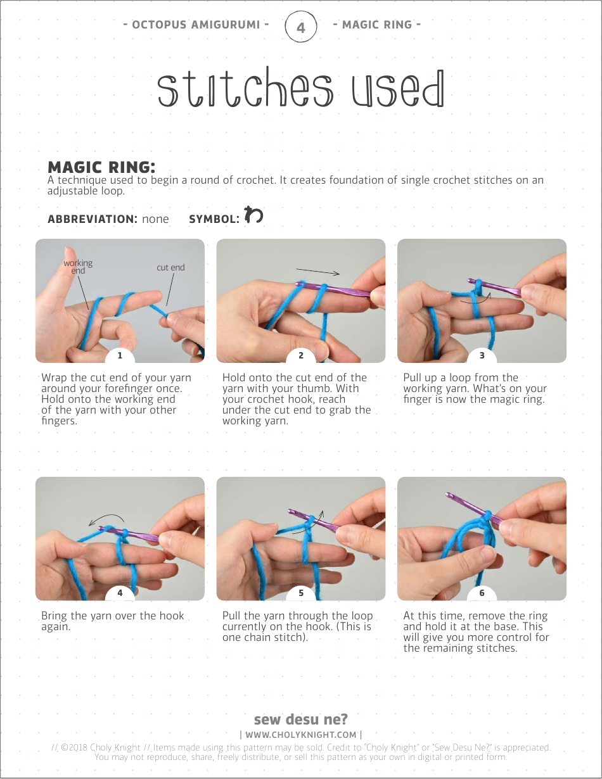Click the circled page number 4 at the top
click(301, 27)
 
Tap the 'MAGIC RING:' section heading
click(101, 167)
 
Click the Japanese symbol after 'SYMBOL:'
click(253, 214)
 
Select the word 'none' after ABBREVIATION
click(155, 219)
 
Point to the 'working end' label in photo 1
click(78, 267)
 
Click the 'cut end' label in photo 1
click(170, 267)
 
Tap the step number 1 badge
click(120, 355)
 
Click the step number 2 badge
click(301, 355)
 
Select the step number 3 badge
click(482, 355)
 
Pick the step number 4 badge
click(120, 593)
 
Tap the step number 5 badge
click(301, 593)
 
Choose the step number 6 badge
click(482, 593)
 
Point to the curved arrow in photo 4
click(108, 516)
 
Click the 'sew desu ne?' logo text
click(301, 719)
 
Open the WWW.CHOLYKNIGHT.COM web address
click(301, 735)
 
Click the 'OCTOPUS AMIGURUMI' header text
click(196, 25)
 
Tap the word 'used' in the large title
click(398, 89)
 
